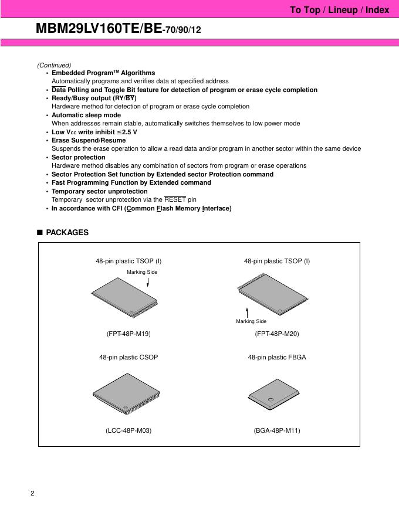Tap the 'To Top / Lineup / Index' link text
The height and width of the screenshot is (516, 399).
pyautogui.click(x=339, y=10)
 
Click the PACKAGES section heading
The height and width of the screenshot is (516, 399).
pyautogui.click(x=67, y=233)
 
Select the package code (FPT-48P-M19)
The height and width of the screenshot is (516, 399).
pyautogui.click(x=129, y=334)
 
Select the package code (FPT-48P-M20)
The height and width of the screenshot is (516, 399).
pyautogui.click(x=277, y=334)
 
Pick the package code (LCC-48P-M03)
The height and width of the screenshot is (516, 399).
pyautogui.click(x=129, y=430)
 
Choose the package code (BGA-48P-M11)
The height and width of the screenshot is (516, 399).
pyautogui.click(x=277, y=430)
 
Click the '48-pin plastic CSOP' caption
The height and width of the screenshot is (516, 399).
pyautogui.click(x=129, y=357)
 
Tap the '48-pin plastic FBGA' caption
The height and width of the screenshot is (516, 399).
pyautogui.click(x=277, y=357)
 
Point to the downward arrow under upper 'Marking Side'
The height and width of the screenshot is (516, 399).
pyautogui.click(x=147, y=282)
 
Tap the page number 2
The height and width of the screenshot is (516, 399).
pyautogui.click(x=33, y=493)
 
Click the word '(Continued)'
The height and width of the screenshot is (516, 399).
pyautogui.click(x=54, y=65)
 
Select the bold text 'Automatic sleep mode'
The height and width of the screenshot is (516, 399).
pyautogui.click(x=86, y=116)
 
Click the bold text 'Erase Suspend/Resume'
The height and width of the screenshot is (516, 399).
pyautogui.click(x=89, y=141)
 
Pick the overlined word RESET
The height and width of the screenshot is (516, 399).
pyautogui.click(x=175, y=200)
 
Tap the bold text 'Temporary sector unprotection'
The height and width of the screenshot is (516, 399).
pyautogui.click(x=100, y=192)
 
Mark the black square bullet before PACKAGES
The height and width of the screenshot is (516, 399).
pyautogui.click(x=40, y=233)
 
